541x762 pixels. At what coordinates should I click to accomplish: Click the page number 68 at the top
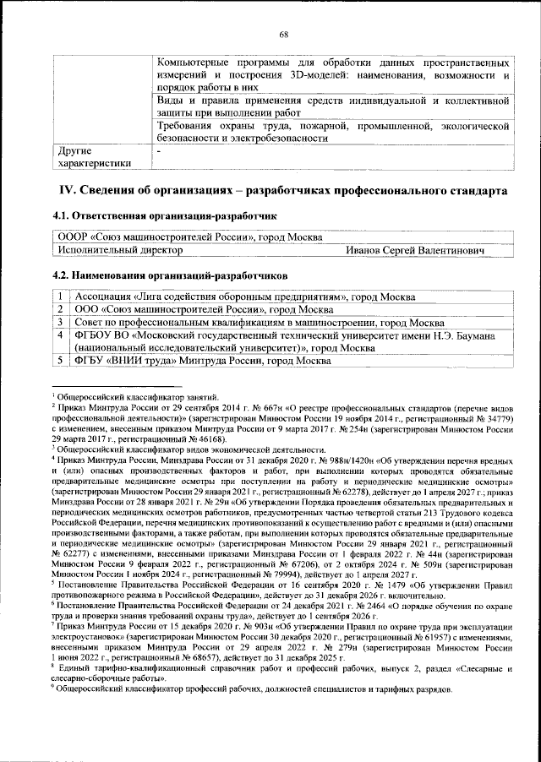[284, 35]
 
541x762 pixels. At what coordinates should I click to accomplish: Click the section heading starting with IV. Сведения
[282, 191]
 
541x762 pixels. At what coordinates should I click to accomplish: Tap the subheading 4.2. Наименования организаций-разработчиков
[169, 275]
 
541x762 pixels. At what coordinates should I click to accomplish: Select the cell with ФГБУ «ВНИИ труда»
[203, 361]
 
